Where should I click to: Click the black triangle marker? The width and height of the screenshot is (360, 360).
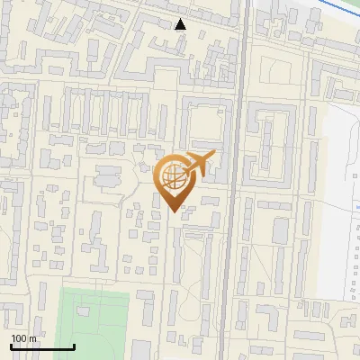click(x=181, y=23)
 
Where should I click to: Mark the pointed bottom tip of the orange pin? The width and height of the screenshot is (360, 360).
click(x=175, y=211)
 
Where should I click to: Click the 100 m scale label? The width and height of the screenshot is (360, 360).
click(x=23, y=337)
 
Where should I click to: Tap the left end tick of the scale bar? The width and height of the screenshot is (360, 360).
click(x=11, y=345)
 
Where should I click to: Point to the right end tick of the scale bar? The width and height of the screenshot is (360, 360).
click(x=74, y=345)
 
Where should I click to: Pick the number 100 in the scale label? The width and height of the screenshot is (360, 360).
click(x=19, y=337)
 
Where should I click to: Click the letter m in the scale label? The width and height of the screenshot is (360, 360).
click(x=32, y=338)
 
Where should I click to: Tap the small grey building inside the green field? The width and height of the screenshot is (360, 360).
click(x=84, y=311)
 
